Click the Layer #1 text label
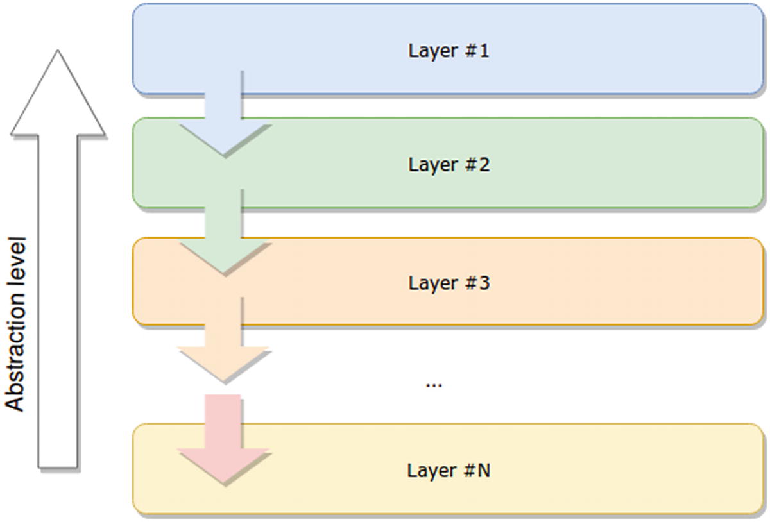click(449, 51)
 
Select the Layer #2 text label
click(449, 165)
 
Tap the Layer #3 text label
click(449, 282)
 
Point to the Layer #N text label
click(449, 470)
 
